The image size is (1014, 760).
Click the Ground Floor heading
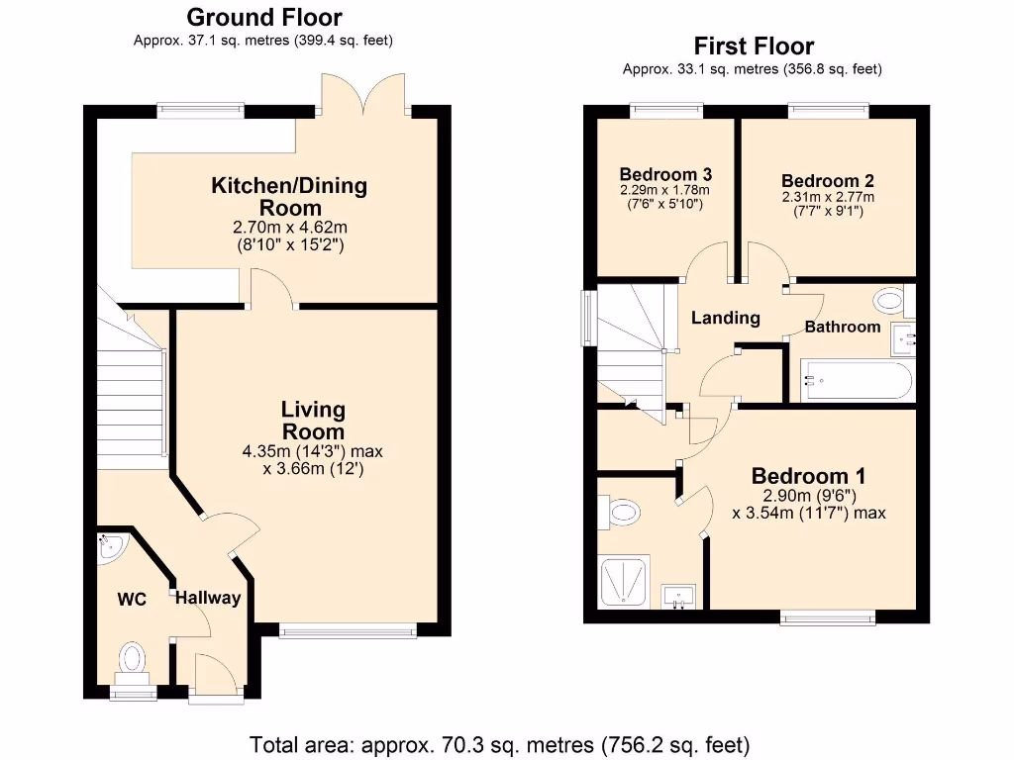tap(264, 17)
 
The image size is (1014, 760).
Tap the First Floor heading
tap(754, 46)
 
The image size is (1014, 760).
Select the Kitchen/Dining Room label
tap(288, 196)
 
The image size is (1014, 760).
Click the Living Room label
tap(313, 420)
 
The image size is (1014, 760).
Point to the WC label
tap(132, 600)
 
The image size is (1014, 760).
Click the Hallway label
tap(208, 598)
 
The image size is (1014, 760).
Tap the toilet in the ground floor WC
tap(132, 661)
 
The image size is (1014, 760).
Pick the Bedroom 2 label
tap(827, 181)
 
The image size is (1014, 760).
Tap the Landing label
tap(725, 318)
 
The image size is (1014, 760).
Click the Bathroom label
tap(842, 326)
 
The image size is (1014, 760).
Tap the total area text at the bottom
tap(499, 743)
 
